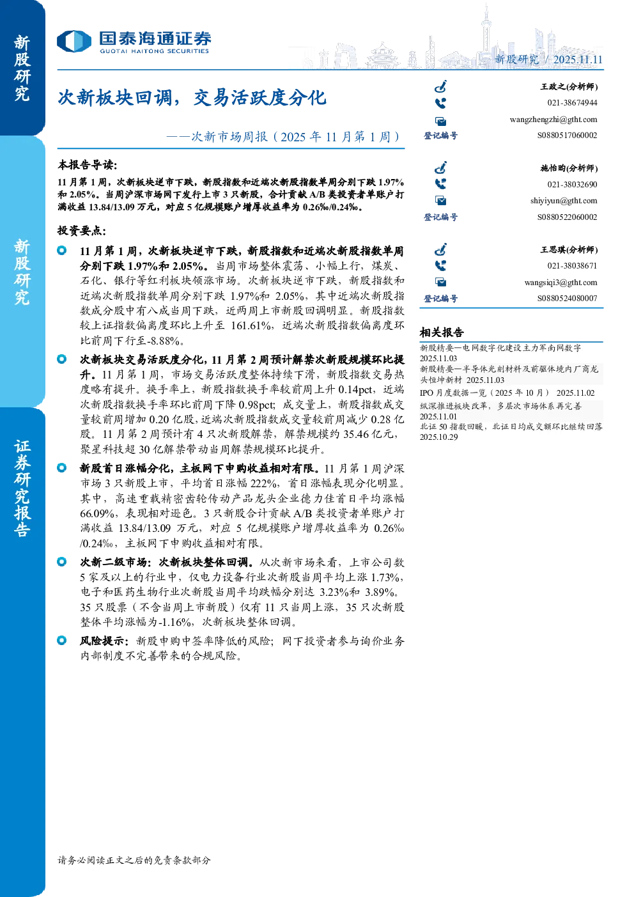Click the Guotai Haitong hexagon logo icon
(74, 41)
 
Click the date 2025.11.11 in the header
(578, 59)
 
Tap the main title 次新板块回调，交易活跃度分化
(192, 98)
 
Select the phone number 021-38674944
(572, 103)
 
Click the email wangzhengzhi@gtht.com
(553, 120)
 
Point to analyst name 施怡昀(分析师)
(569, 168)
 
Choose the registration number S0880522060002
(567, 217)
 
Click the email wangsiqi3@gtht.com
(561, 283)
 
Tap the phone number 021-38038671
(572, 265)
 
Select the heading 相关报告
(442, 332)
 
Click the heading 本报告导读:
(88, 164)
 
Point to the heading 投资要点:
(82, 230)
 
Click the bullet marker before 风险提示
(61, 641)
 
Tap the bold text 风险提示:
(104, 641)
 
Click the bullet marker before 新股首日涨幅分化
(61, 467)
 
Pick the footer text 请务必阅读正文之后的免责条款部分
(134, 860)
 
